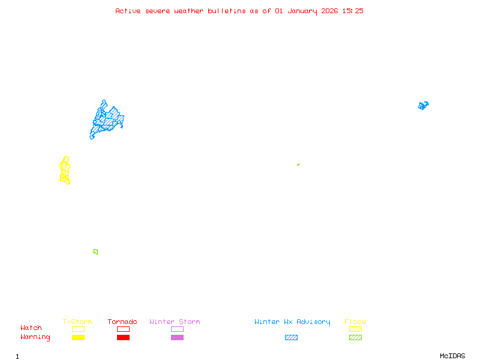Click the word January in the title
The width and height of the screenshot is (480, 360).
pos(302,11)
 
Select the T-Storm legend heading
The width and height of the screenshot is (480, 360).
pos(77,322)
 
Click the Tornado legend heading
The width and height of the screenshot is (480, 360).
pos(122,322)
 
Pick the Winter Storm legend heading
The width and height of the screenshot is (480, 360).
pos(175,322)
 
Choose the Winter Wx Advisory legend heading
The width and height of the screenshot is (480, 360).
pos(292,322)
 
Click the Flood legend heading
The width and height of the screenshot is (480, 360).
pos(355,322)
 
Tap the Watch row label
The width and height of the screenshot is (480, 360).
pos(31,328)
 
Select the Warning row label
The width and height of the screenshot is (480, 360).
pos(35,337)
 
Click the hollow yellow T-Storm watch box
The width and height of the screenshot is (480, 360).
pos(78,329)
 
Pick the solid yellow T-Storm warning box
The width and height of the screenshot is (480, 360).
pos(78,337)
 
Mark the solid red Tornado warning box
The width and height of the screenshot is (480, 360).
pos(123,337)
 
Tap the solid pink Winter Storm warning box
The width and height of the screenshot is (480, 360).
pos(177,337)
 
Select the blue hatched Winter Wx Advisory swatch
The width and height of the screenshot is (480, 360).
pos(291,337)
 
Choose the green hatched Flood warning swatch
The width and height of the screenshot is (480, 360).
pos(355,337)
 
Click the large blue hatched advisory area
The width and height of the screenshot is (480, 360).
pos(106,119)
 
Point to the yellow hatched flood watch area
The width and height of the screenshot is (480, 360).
pos(65,170)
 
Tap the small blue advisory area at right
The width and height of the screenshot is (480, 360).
pos(423,106)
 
